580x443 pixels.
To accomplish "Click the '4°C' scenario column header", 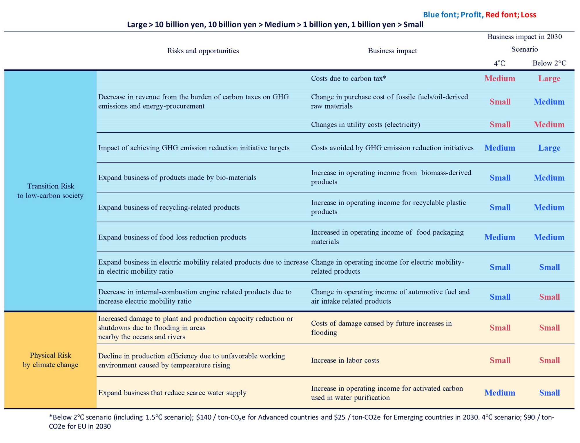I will coord(499,63).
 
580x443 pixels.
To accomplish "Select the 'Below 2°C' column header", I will coord(549,63).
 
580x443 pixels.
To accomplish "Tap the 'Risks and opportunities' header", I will coord(203,51).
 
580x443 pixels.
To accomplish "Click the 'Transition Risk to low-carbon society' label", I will coord(50,191).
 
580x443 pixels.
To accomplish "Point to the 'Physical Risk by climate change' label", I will coord(50,360).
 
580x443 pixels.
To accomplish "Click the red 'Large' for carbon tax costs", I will coord(549,78).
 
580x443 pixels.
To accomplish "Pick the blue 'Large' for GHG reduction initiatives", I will coord(549,148).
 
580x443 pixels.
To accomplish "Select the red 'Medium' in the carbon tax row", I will coord(500,78).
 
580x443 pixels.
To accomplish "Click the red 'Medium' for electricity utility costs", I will coord(549,125).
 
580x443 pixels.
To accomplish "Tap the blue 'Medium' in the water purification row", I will coord(500,393).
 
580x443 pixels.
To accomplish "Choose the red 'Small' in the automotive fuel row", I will coord(549,297).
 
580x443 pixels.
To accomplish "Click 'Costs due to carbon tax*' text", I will coord(348,78).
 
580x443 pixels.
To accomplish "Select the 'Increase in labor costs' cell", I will coord(345,360).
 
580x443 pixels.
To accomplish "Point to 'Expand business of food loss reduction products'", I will coord(172,237).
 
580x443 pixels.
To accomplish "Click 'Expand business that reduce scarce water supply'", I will coord(172,393).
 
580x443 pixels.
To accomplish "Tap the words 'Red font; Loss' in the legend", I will coord(511,15).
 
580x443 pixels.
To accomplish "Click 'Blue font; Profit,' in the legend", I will coord(453,15).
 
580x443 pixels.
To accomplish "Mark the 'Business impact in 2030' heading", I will coord(524,37).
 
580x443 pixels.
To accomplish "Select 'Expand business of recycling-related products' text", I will coord(169,208).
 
